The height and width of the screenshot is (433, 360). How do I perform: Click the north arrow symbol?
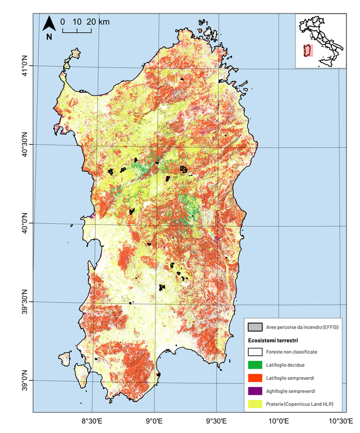coord(49,24)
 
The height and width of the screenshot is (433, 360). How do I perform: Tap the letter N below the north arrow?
coord(49,37)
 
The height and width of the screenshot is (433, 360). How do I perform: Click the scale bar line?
coord(77,30)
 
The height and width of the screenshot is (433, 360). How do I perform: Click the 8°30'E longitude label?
coord(92,421)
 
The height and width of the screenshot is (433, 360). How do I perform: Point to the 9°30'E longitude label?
coord(216,421)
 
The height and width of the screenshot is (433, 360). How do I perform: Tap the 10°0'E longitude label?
coord(278,421)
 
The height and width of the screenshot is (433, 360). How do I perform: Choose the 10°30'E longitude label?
coord(341,421)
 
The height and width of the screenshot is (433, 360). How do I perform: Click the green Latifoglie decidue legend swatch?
coord(256,364)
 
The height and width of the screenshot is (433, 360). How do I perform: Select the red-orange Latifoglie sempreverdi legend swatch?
coord(256,377)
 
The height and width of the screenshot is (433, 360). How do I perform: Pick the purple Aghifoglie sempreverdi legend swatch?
coord(256,391)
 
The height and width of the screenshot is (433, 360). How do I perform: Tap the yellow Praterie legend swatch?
coord(256,404)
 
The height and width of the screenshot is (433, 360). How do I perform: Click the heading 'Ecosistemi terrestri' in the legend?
coord(273,341)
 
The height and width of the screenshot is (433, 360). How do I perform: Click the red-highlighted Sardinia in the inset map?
coord(308,51)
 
